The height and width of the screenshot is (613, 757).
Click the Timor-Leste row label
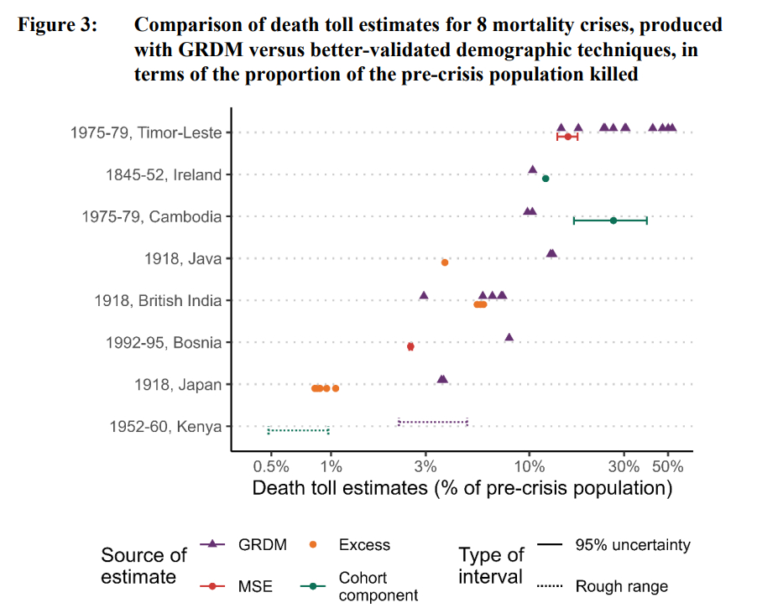click(145, 132)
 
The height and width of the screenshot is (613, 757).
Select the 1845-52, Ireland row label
click(163, 174)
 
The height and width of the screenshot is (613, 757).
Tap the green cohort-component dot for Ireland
click(546, 179)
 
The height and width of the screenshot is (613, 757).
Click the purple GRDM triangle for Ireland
click(532, 169)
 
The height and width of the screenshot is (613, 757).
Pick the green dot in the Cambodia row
click(613, 221)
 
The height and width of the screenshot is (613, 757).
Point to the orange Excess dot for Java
click(445, 262)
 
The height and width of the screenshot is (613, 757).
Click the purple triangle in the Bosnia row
click(509, 337)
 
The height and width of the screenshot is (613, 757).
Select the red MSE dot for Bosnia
click(410, 346)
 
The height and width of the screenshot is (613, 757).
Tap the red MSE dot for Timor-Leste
click(568, 137)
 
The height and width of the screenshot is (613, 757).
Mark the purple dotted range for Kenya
click(432, 422)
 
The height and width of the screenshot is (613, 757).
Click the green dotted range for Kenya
click(298, 431)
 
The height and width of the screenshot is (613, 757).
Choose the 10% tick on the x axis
click(529, 466)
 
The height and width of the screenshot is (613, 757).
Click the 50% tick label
click(668, 466)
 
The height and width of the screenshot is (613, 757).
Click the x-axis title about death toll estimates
click(462, 488)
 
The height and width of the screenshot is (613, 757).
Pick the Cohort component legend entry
click(363, 586)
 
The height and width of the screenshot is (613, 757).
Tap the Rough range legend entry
click(621, 586)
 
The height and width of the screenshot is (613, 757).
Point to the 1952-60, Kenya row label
click(165, 426)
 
